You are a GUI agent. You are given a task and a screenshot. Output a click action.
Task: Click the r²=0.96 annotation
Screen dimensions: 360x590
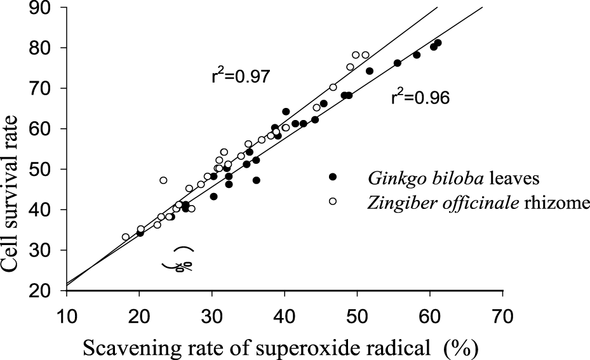pos(420,98)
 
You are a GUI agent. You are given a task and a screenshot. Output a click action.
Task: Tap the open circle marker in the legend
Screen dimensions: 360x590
pos(332,201)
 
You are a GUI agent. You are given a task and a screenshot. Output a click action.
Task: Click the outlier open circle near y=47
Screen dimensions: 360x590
pos(163,180)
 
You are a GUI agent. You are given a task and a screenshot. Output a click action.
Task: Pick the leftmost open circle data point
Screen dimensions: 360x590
pos(126,237)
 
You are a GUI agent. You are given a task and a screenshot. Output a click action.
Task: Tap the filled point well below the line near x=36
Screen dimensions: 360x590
pos(257,180)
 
